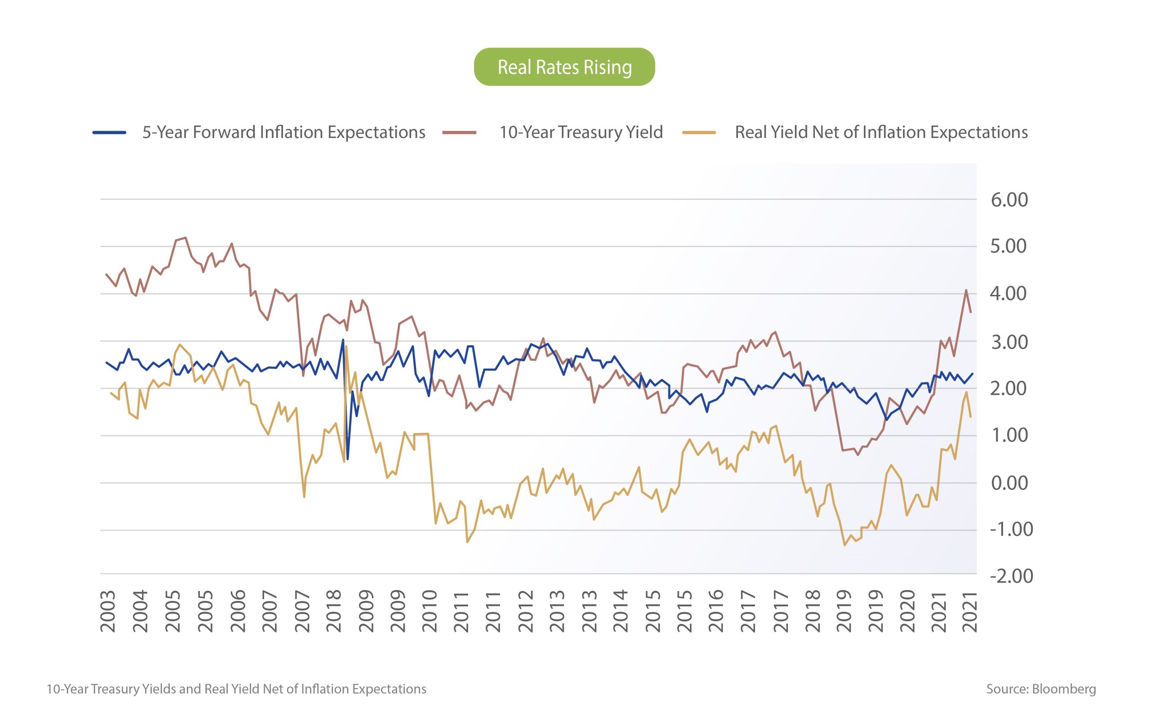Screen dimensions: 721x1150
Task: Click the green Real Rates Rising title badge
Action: [x=564, y=67]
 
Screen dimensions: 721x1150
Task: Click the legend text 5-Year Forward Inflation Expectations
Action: [x=283, y=132]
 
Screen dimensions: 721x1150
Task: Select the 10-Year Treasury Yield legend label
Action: [x=580, y=132]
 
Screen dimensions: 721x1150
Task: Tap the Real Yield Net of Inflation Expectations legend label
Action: [x=881, y=132]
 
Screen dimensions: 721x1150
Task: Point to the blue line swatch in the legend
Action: [x=109, y=133]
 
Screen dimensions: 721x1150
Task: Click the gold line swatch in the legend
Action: [x=699, y=133]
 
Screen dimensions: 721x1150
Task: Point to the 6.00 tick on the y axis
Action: [x=1009, y=200]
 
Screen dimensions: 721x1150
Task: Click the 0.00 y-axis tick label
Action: [x=1009, y=483]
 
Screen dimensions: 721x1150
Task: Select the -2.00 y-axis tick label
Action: [x=1011, y=576]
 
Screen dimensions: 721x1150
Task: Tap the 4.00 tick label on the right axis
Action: [x=1008, y=293]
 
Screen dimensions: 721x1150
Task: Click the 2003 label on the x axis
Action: [x=108, y=611]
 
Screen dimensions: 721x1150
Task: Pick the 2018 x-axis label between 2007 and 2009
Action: [x=334, y=611]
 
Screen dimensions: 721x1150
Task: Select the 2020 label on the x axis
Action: [x=908, y=611]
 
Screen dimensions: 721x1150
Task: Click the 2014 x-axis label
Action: [x=620, y=611]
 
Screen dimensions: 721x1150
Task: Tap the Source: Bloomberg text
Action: [x=1041, y=689]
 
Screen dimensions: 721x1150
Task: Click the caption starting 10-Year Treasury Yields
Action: [x=236, y=689]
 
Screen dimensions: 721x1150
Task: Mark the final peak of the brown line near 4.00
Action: [x=965, y=290]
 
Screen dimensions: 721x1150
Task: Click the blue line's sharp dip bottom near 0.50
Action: [x=347, y=459]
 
